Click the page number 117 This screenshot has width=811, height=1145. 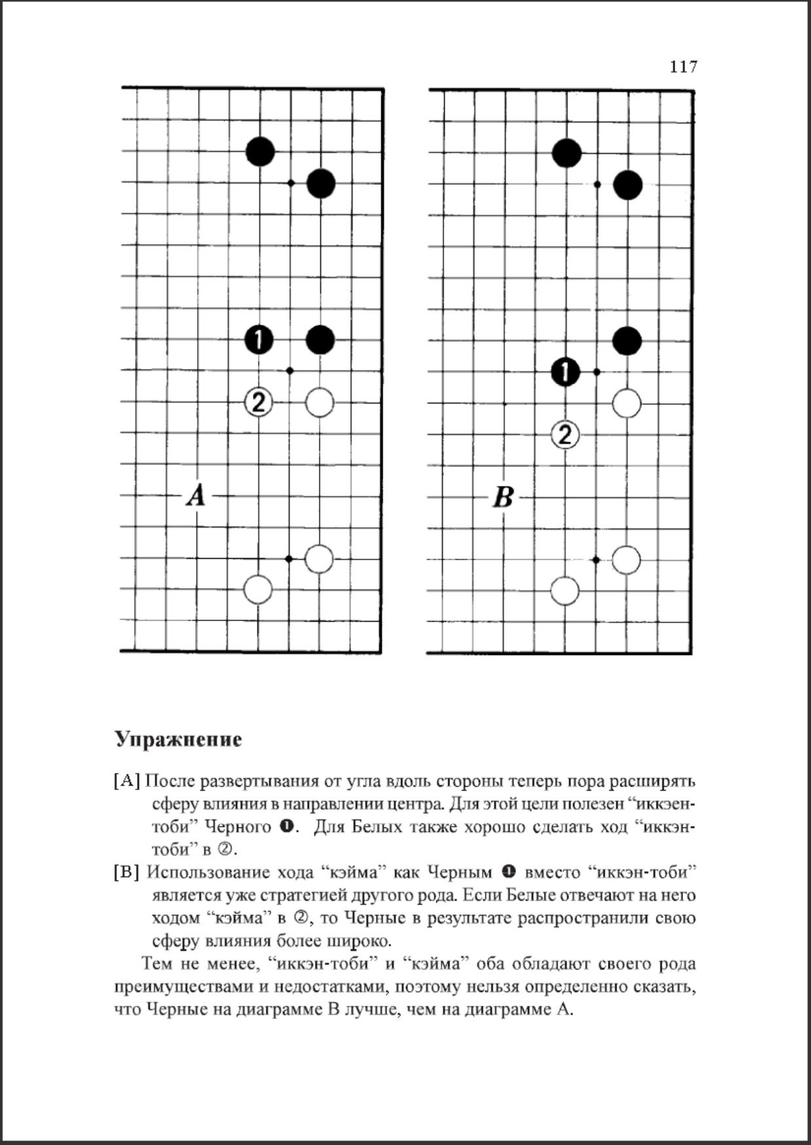click(x=683, y=67)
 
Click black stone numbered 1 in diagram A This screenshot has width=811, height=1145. click(x=259, y=339)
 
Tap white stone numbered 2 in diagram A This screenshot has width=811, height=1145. click(x=259, y=402)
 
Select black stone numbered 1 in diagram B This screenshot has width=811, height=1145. click(x=565, y=372)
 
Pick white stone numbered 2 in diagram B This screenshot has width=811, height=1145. click(x=565, y=434)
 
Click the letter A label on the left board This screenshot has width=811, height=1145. click(x=196, y=495)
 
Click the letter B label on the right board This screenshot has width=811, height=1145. click(x=502, y=497)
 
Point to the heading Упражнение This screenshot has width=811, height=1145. click(x=178, y=739)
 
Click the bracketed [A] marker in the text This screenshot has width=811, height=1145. click(x=127, y=781)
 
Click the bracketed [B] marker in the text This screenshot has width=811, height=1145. click(x=127, y=872)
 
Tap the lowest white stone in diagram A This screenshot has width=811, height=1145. click(x=258, y=590)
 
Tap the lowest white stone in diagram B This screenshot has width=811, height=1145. click(x=565, y=591)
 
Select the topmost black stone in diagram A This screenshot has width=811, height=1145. click(x=260, y=152)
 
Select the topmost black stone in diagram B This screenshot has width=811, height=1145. click(x=567, y=153)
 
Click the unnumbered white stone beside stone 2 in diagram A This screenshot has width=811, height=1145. click(x=320, y=402)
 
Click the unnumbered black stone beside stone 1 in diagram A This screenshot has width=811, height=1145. click(x=320, y=339)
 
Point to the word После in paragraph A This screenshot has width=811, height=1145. click(x=170, y=781)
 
